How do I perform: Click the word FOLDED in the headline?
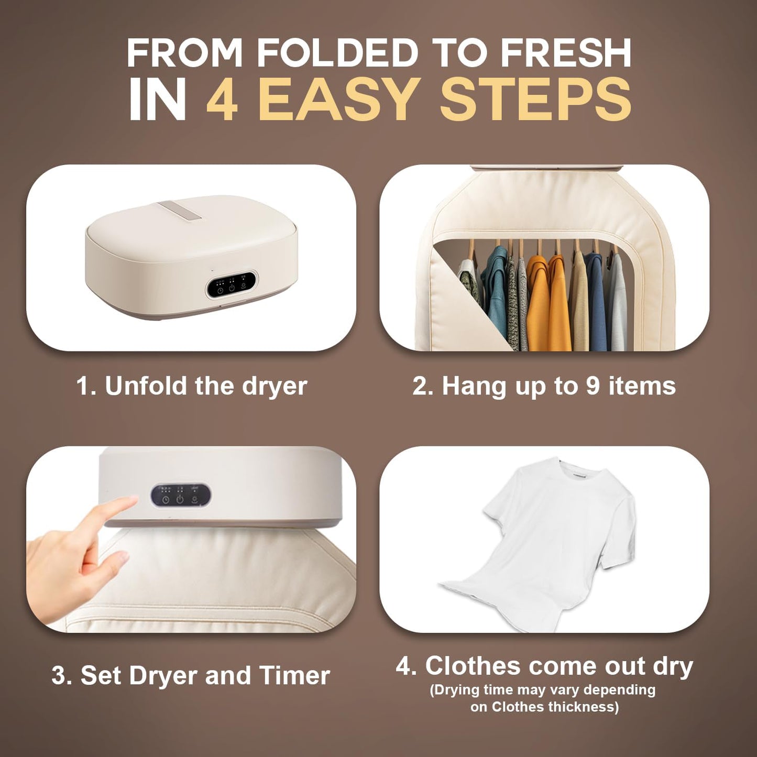tap(337, 53)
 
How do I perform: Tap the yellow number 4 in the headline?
tap(223, 100)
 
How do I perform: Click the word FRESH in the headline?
tap(566, 53)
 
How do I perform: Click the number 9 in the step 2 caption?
tap(593, 386)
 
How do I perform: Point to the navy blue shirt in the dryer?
tap(596, 299)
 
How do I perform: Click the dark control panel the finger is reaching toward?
tap(181, 496)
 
